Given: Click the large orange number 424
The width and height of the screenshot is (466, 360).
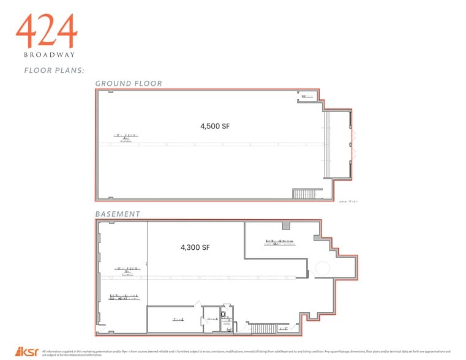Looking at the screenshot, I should point(47,32).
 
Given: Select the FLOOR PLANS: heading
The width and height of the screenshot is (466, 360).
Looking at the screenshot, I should point(50,70).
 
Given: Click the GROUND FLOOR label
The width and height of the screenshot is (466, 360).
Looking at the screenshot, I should point(128,83).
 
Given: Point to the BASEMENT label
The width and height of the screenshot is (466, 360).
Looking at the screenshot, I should point(118,214).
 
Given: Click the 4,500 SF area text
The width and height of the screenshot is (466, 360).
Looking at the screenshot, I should point(214,127).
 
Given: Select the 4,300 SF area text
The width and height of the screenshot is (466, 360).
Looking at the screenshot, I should point(195,248).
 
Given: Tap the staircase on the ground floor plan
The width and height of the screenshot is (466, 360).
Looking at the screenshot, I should point(304,194).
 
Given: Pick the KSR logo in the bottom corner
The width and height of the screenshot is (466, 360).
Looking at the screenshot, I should point(28,352).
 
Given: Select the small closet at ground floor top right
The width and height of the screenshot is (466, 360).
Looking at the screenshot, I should point(307,96).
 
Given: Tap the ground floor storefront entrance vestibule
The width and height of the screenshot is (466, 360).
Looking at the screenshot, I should point(339,144).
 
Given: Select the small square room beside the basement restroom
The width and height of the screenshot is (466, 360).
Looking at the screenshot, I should point(211,319).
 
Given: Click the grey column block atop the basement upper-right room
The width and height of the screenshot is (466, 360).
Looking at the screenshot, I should point(316,238).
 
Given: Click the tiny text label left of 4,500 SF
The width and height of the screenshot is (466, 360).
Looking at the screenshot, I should point(125,137).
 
